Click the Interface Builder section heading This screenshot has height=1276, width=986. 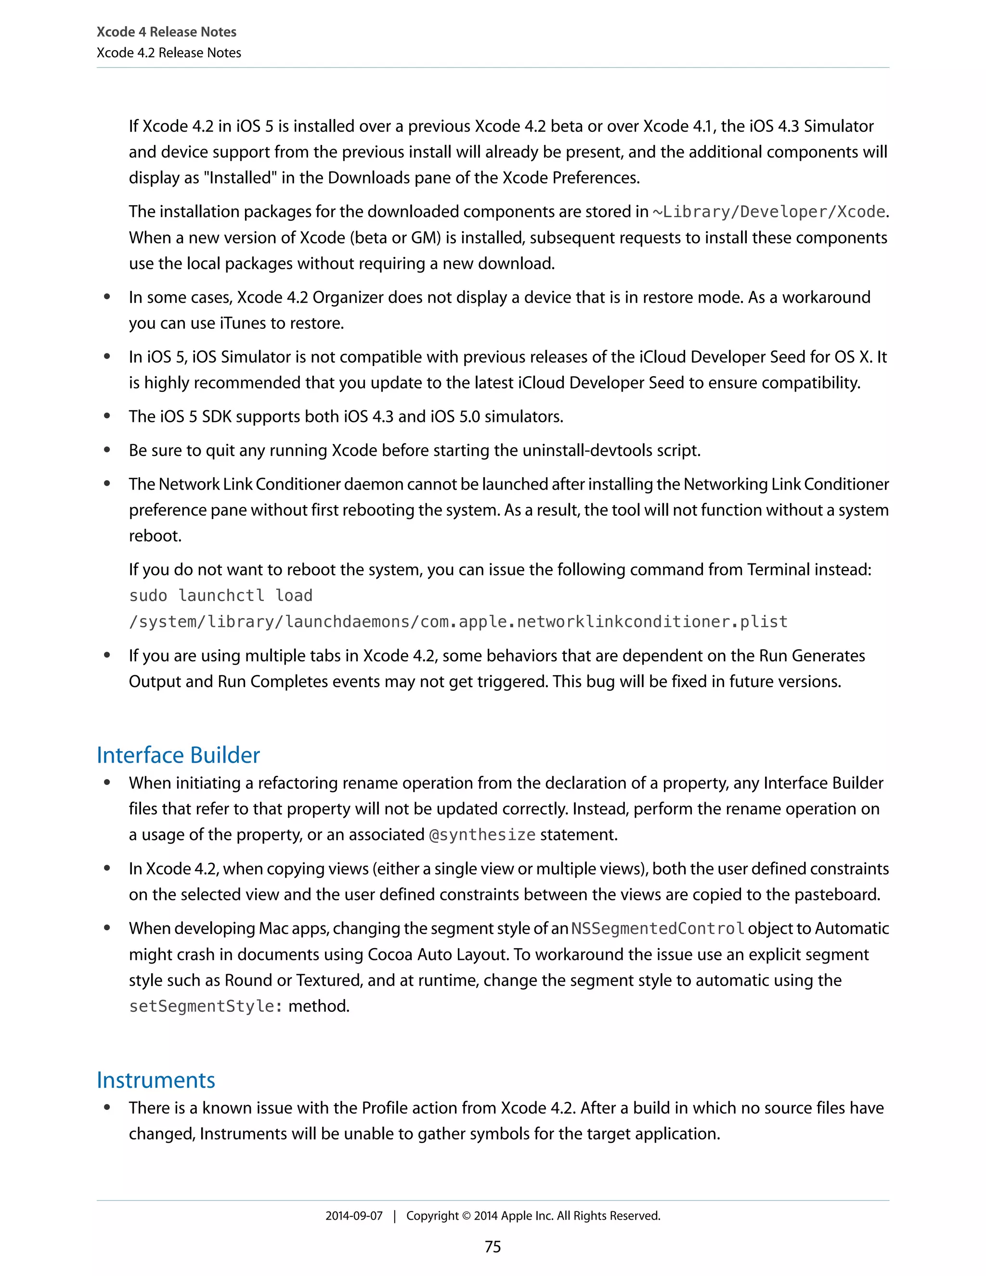(x=178, y=755)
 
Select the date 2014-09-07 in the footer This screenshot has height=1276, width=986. (x=354, y=1216)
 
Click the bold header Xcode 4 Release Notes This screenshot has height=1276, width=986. (x=167, y=32)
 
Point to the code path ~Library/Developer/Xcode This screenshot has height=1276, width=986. (x=769, y=211)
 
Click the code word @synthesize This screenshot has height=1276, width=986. (x=482, y=835)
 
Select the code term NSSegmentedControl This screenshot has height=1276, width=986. (x=658, y=928)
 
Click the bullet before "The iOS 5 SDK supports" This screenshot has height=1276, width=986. (x=107, y=417)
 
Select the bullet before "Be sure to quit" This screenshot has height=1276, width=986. (x=107, y=451)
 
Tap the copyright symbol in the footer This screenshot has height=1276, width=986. (x=466, y=1216)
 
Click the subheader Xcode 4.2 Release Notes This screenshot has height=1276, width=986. (x=169, y=52)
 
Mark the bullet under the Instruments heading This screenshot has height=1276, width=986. (x=107, y=1108)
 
